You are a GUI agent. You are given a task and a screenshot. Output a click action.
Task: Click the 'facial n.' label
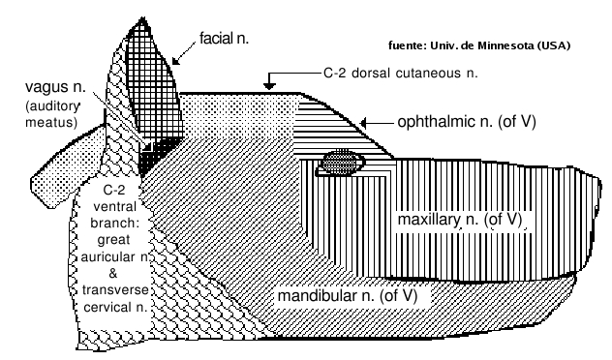pos(224,38)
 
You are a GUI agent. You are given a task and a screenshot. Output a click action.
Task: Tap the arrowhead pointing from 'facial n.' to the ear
pos(176,60)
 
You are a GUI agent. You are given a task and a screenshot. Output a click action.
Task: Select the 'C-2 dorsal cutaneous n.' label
pos(401,73)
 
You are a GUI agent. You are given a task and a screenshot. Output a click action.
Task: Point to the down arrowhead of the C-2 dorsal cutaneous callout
pos(269,86)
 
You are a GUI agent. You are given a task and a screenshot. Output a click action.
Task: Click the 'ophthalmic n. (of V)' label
pos(467,122)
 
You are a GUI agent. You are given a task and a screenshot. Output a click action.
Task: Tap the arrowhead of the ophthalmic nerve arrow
pos(363,123)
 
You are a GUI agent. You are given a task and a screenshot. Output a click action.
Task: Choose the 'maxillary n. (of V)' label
pos(460,220)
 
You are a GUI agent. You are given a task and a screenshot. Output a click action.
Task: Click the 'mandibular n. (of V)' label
pos(348,295)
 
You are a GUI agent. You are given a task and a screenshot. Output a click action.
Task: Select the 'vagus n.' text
pos(55,86)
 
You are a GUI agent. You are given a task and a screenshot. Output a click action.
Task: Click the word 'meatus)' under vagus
pos(51,122)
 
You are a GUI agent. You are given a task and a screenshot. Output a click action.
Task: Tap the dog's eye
pos(342,162)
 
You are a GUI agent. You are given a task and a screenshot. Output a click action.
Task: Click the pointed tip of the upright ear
pos(143,18)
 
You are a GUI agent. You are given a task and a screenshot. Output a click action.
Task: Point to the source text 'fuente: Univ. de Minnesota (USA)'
pos(479,45)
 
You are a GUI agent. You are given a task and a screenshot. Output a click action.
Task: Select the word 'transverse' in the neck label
pos(115,289)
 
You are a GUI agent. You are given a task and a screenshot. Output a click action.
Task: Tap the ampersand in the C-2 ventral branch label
pos(112,274)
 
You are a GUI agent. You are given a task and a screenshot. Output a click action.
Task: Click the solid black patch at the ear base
pos(154,157)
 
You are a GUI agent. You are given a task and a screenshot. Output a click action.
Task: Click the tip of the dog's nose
pos(599,183)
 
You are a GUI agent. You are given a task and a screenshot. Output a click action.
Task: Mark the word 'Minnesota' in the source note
pos(505,45)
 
